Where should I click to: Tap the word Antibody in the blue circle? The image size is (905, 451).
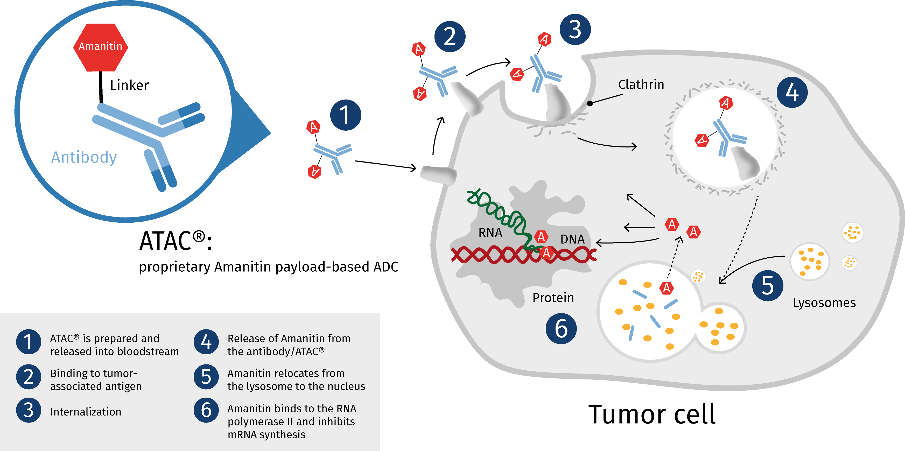point(84,157)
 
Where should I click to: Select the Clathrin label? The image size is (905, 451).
point(641,85)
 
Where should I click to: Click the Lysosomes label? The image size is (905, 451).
point(824,303)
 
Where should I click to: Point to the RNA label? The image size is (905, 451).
point(490,232)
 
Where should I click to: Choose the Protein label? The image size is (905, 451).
point(553,298)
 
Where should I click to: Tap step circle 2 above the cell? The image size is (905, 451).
point(450,37)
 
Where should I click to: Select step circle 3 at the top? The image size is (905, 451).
point(575,30)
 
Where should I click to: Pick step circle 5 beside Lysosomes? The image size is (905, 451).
point(768,286)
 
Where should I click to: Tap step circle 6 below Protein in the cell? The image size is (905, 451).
point(561,328)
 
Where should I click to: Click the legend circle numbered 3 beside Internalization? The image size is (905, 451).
point(29,410)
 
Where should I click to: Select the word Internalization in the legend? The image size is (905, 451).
point(86,412)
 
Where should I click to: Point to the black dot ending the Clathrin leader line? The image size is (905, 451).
point(590,103)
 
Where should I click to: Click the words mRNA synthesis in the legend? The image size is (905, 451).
point(266,434)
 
